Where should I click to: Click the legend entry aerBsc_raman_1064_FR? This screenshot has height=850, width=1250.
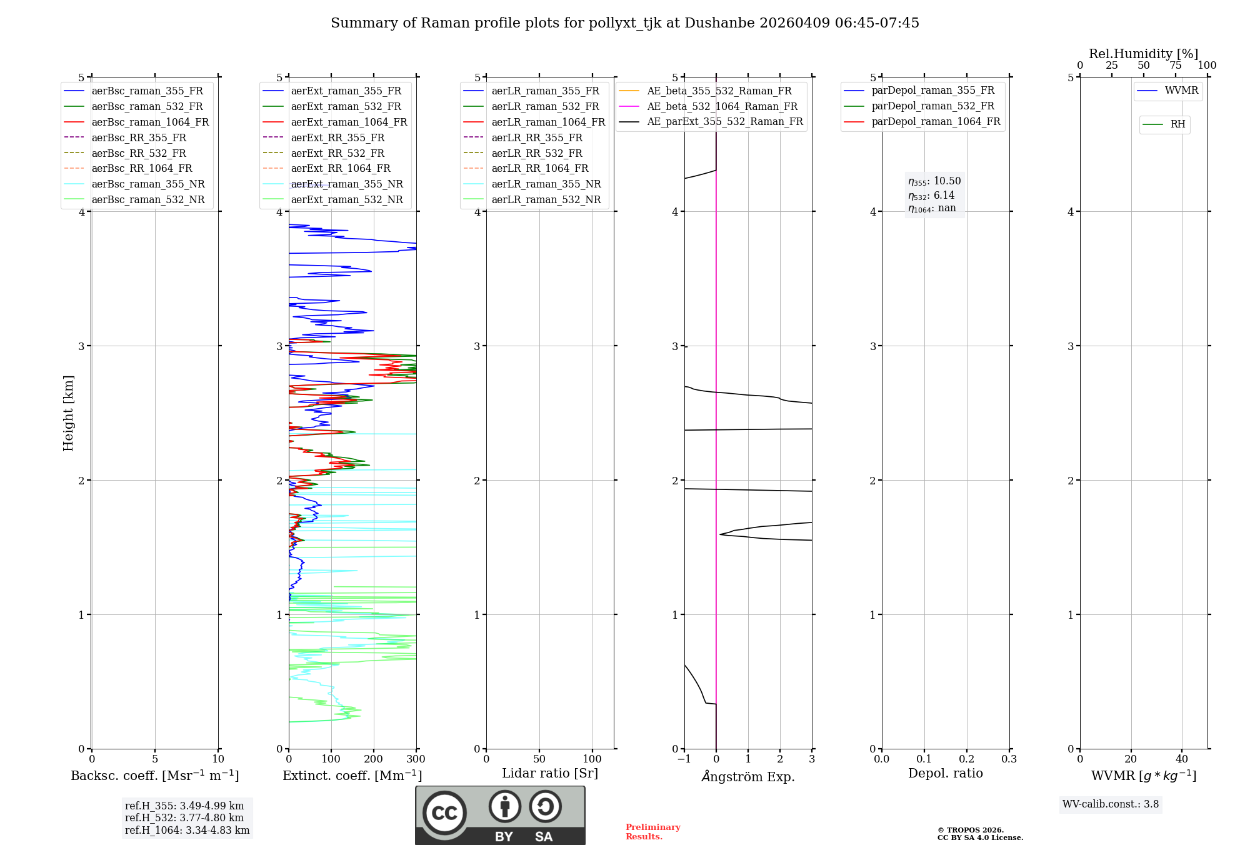tap(150, 122)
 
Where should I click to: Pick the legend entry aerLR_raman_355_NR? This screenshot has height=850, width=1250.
tap(546, 184)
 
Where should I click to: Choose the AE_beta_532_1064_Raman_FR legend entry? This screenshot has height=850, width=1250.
tap(722, 106)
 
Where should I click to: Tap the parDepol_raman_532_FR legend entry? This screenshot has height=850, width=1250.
tap(932, 106)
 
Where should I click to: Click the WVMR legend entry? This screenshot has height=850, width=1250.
tap(1181, 91)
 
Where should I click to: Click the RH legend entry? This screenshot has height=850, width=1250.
tap(1177, 124)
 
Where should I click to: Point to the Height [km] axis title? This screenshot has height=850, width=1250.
tap(68, 413)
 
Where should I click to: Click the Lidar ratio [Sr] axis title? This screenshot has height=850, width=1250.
tap(550, 773)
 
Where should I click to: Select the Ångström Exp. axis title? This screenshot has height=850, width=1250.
tap(748, 776)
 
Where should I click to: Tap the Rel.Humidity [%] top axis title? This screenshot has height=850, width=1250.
tap(1143, 54)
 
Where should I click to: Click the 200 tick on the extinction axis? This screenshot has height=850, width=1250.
tap(374, 759)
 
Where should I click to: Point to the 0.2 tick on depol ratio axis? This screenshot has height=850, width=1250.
tap(967, 759)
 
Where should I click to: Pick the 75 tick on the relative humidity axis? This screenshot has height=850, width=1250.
tap(1176, 66)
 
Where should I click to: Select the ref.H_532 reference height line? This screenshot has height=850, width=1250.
tap(184, 817)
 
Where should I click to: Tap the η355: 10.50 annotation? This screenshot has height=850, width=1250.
tap(934, 181)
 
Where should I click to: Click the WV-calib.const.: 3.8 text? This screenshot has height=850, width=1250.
tap(1111, 804)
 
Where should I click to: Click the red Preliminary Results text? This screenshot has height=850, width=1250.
tap(652, 832)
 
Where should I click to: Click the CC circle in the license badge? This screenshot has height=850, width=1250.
tap(444, 812)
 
